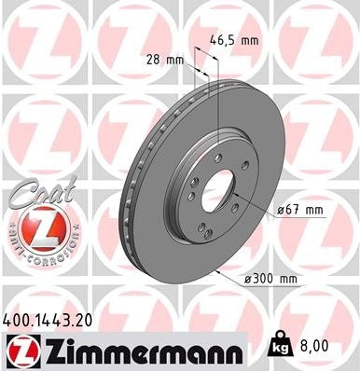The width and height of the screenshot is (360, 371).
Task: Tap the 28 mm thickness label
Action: [164, 61]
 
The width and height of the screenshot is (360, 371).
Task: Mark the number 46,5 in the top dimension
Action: [223, 41]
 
